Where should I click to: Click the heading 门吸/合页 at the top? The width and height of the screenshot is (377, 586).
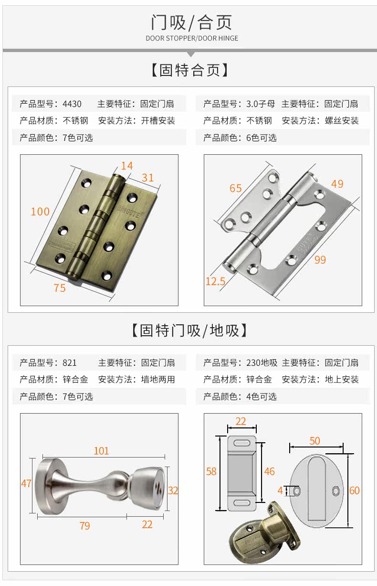pos(191,22)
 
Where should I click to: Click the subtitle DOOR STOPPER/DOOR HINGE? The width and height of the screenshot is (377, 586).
pos(192,38)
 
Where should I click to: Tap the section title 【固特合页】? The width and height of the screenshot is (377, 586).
pos(190,70)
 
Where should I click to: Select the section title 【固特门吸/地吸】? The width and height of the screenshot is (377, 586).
pos(189,330)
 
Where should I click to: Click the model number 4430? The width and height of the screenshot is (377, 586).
pos(72,104)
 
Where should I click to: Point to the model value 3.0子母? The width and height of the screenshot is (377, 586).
pos(261,104)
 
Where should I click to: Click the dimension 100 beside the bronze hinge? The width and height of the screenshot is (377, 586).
pos(40,211)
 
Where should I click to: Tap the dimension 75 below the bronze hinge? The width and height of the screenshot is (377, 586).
pos(60,288)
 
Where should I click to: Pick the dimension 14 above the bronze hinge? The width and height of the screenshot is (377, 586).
pos(126,166)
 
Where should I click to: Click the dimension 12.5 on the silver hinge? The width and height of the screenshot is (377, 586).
pos(215,281)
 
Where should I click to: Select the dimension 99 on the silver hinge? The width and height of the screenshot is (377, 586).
pos(320,260)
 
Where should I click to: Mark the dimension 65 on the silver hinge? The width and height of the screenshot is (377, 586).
pos(236,188)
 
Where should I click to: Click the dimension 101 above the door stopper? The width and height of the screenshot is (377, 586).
pos(101,450)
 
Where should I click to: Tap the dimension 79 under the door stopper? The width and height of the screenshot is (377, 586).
pos(84,525)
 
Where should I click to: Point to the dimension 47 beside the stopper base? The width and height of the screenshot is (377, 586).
pos(26,483)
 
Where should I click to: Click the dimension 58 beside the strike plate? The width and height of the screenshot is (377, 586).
pos(211,471)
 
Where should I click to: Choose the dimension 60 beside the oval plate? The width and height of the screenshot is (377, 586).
pos(354,490)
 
